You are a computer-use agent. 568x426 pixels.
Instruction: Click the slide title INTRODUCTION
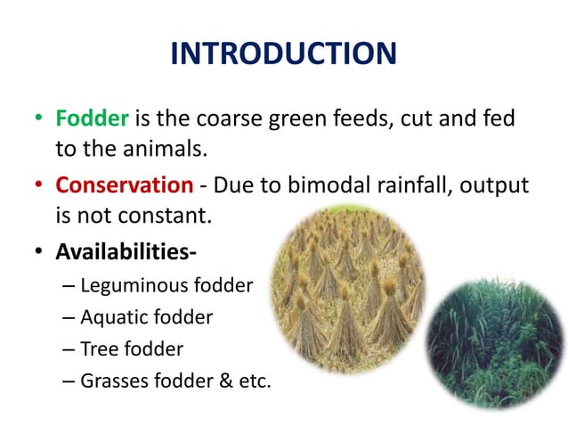283,54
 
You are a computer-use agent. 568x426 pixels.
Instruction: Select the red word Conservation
124,185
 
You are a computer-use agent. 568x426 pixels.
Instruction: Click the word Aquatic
111,317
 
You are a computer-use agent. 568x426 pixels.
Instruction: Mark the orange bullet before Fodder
39,119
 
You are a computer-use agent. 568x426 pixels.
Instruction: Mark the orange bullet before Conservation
39,186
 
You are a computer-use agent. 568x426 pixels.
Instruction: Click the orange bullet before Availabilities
39,253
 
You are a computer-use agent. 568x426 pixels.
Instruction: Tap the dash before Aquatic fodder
70,317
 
